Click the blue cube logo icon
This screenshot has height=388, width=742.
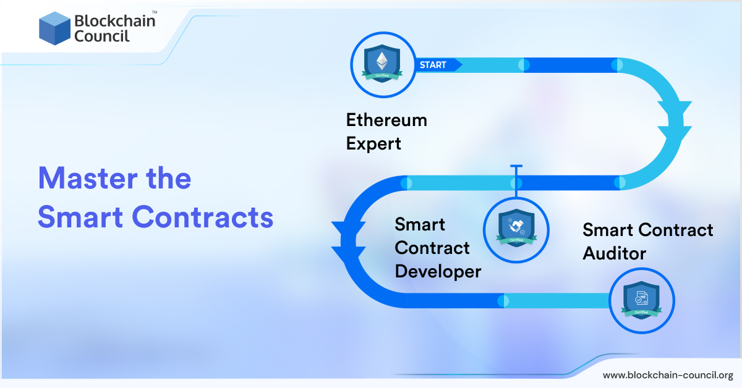(x=54, y=28)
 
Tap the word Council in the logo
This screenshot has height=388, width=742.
(x=101, y=36)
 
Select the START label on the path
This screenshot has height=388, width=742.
(x=433, y=65)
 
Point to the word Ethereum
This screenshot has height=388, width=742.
(x=386, y=119)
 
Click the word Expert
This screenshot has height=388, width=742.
(x=373, y=144)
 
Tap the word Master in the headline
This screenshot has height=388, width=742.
(x=86, y=179)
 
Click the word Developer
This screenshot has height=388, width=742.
(x=438, y=271)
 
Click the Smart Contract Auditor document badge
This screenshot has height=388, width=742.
(x=641, y=300)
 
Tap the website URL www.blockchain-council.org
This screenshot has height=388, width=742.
(x=668, y=375)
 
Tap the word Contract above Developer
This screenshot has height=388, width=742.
(x=432, y=248)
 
